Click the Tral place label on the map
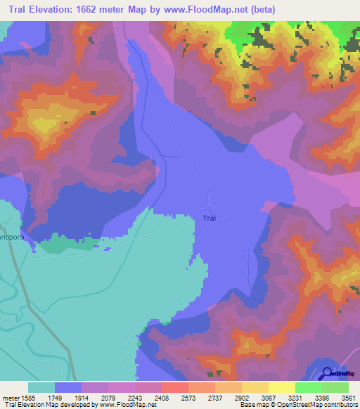[x=209, y=218]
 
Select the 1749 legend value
[x=65, y=397]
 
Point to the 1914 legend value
[x=95, y=397]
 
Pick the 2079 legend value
[x=122, y=397]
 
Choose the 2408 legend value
[x=175, y=397]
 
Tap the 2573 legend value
[x=202, y=397]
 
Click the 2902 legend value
[x=255, y=397]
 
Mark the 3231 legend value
[x=308, y=397]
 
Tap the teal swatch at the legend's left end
[x=41, y=387]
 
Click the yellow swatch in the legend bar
[x=281, y=387]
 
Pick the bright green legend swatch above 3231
[x=308, y=387]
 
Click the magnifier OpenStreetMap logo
[x=326, y=374]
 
